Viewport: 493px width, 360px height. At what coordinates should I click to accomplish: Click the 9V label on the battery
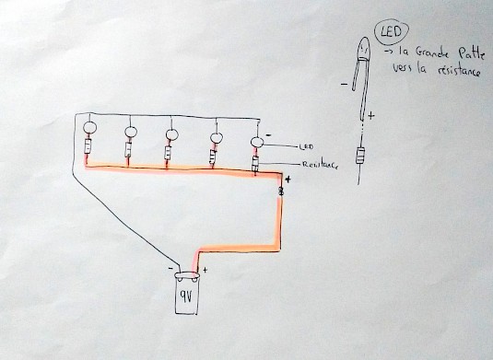[187, 296]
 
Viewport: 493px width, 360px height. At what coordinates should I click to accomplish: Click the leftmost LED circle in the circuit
[90, 129]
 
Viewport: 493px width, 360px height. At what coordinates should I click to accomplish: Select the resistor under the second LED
[128, 150]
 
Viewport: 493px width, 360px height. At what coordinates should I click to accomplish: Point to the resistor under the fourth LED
[213, 154]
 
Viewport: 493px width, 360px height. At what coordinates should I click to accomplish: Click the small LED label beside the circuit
[307, 146]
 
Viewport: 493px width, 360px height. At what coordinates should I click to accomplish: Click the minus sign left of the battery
[170, 267]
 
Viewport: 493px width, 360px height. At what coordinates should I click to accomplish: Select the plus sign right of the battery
[205, 270]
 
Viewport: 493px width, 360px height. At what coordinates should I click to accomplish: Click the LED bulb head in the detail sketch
[363, 46]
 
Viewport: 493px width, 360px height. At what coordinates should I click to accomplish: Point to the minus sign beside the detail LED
[342, 87]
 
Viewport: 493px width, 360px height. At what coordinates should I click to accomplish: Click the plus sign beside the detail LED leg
[371, 116]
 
